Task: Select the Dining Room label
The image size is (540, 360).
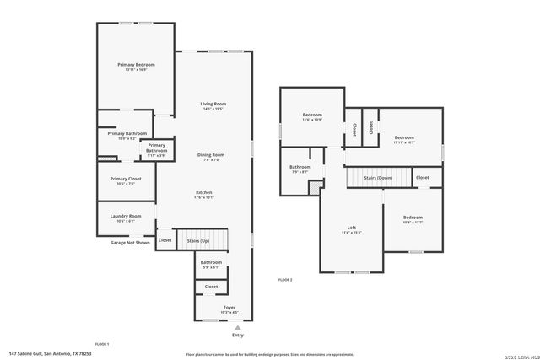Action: [x=211, y=157]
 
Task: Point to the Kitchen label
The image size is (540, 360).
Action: [x=204, y=195]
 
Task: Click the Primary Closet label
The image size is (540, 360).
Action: [x=125, y=180]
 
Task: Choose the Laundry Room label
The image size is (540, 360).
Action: [x=125, y=218]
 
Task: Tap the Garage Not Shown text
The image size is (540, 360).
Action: [x=130, y=243]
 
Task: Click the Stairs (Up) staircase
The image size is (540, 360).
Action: [x=202, y=241]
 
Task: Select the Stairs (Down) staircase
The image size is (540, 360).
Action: [x=377, y=178]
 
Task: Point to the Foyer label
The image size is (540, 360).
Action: [x=229, y=309]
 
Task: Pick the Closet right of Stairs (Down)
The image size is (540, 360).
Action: [x=423, y=177]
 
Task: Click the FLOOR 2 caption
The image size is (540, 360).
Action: [x=285, y=279]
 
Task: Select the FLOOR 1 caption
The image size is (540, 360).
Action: [x=101, y=344]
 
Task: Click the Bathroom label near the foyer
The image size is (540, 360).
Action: [x=211, y=264]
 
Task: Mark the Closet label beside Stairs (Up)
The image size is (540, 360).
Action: [x=165, y=240]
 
